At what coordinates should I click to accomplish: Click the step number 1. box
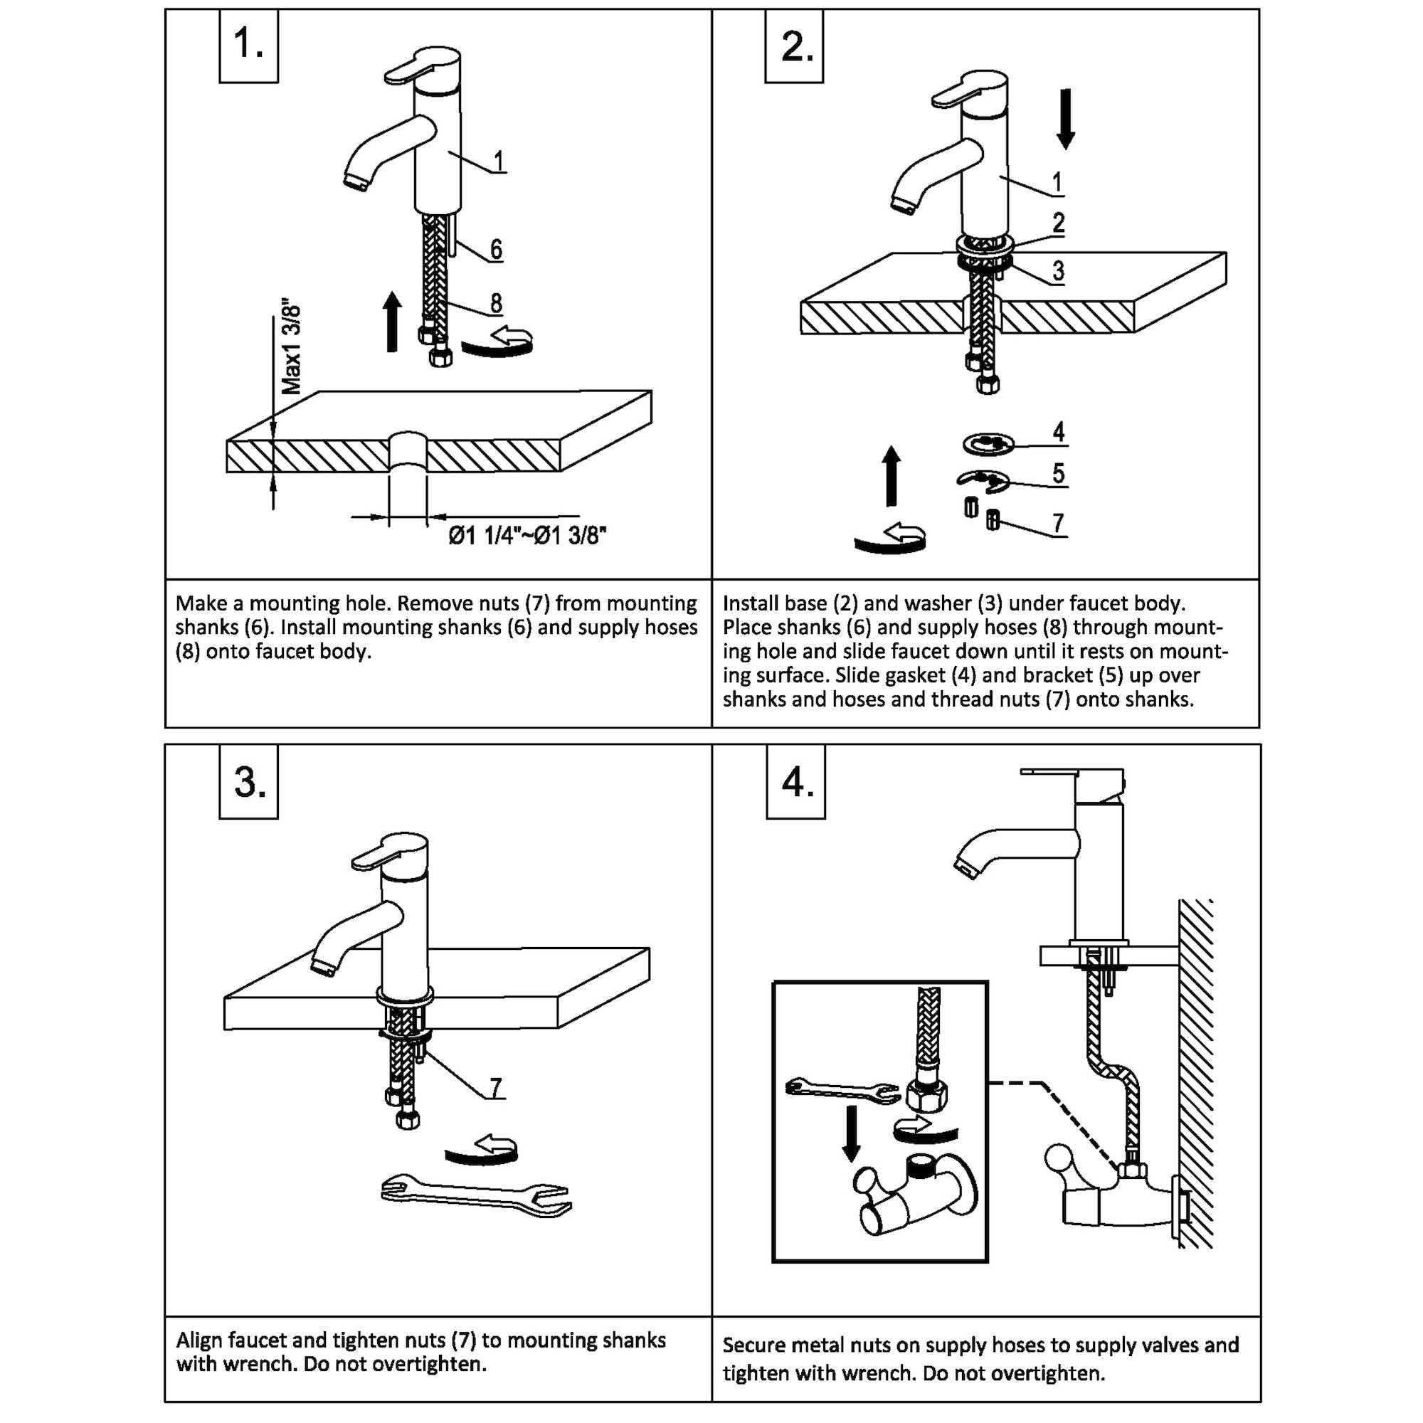tap(248, 46)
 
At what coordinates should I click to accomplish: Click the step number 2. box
tap(795, 46)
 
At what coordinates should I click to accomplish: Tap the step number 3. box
tap(249, 782)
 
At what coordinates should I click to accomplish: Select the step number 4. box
tap(796, 782)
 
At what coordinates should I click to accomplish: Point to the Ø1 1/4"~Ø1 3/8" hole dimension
tap(527, 536)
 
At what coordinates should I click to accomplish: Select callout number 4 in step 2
tap(1059, 432)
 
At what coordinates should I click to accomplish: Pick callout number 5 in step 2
tap(1059, 473)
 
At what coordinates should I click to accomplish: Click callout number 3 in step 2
tap(1059, 271)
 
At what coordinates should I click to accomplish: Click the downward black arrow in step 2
tap(1065, 119)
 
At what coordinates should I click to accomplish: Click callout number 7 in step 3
tap(496, 1087)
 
